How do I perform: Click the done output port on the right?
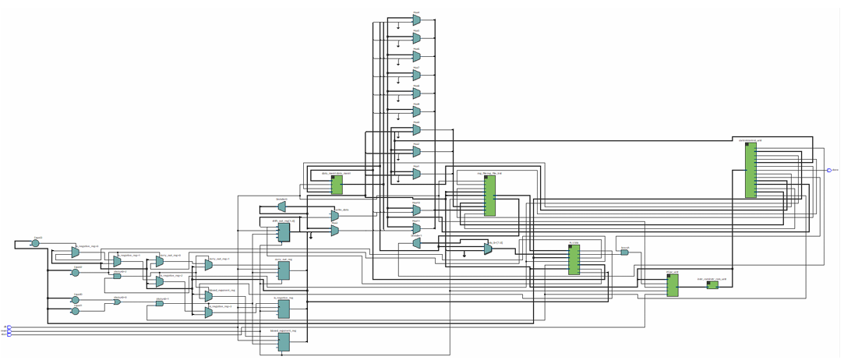pos(829,170)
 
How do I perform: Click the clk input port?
pos(9,327)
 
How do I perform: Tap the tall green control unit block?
pos(750,170)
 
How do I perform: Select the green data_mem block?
pos(337,185)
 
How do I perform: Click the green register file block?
pos(489,196)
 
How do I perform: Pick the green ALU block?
pos(574,259)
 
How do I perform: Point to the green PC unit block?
pos(672,285)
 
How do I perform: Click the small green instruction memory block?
pos(712,285)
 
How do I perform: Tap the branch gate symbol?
pos(624,252)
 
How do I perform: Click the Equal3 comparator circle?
pos(35,244)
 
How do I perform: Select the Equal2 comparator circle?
pos(76,272)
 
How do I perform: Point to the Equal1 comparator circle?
pos(76,311)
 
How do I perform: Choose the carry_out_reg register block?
pos(284,270)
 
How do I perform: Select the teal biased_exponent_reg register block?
pos(284,341)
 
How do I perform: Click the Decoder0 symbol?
pos(281,208)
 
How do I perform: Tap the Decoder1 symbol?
pos(416,244)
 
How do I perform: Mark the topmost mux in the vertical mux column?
pos(416,20)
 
